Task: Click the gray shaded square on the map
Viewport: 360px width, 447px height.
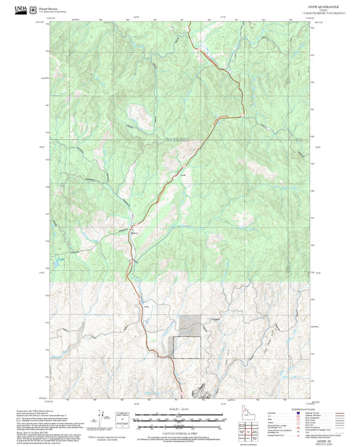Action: (x=190, y=325)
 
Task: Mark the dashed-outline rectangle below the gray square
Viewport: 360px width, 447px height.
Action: (x=187, y=347)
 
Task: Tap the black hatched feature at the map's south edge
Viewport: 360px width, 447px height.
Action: (x=201, y=392)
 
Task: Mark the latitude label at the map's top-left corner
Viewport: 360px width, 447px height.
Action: (x=44, y=22)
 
